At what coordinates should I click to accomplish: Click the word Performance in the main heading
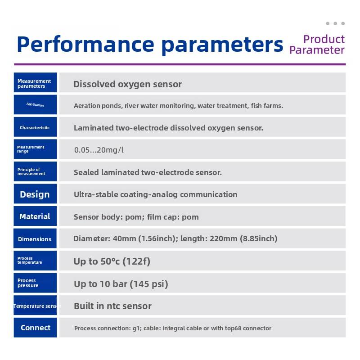tap(85, 44)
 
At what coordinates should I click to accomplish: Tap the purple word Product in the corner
tap(324, 39)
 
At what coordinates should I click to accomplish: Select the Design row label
tap(35, 194)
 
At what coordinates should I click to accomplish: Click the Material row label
tap(35, 216)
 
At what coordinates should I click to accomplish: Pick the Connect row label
tap(36, 328)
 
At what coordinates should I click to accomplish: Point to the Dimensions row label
tap(35, 239)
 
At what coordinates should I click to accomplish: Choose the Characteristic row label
tap(35, 127)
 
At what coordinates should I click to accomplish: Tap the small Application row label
tap(35, 105)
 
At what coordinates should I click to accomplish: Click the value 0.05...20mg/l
tap(99, 150)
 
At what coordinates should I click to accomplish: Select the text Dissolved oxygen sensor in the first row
tap(127, 85)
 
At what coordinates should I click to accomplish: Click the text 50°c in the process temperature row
tap(110, 261)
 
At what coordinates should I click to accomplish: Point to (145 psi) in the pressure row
tap(149, 284)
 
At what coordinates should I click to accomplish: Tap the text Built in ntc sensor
tap(113, 306)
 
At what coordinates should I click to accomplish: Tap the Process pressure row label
tap(28, 283)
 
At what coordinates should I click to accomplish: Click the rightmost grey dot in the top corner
tap(343, 23)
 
